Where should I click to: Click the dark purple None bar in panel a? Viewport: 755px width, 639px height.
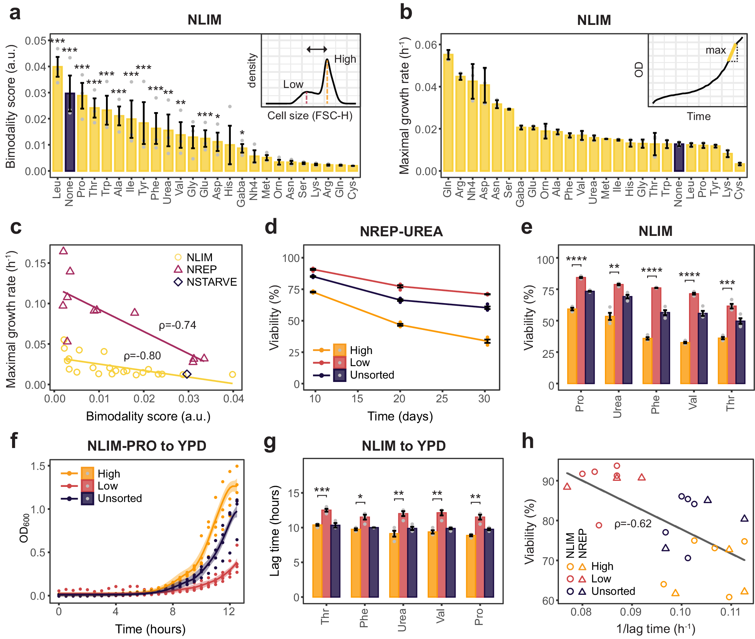70,132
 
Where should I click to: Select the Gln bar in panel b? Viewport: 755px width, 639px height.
448,113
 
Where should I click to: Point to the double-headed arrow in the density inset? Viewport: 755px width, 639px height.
317,49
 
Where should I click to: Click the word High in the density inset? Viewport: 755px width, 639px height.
345,59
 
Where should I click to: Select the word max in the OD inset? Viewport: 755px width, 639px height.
715,50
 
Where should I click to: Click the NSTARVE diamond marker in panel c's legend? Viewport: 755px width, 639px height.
178,282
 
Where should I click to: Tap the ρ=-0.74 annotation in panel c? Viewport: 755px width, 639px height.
177,325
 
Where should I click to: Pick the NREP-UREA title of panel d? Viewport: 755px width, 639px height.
401,231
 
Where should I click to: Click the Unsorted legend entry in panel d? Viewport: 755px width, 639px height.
372,375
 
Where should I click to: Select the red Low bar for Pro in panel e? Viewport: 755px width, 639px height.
581,331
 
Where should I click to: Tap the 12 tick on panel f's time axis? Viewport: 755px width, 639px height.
229,611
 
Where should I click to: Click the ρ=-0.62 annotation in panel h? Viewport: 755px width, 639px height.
633,524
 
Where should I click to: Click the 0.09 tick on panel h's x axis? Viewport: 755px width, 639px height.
631,612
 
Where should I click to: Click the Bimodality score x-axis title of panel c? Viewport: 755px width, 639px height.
148,416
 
